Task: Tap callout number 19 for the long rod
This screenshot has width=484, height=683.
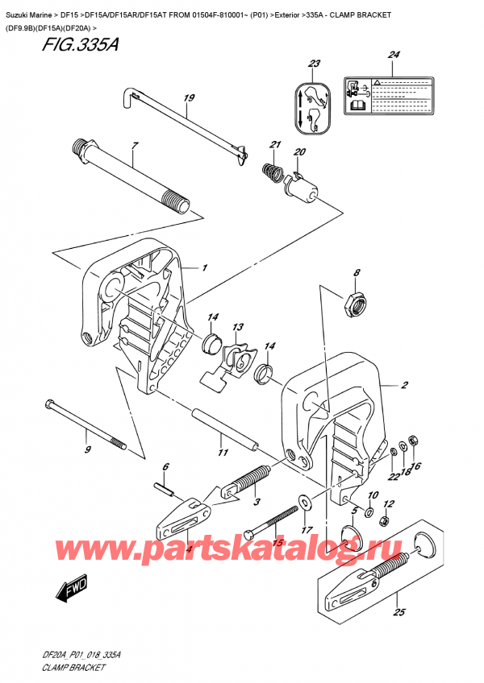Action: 189,100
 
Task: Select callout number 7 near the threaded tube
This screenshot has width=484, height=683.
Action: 135,145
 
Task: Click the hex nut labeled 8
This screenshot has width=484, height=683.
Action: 353,303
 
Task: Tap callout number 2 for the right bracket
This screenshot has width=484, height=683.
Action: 404,386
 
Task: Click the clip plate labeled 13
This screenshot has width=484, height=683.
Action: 238,356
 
